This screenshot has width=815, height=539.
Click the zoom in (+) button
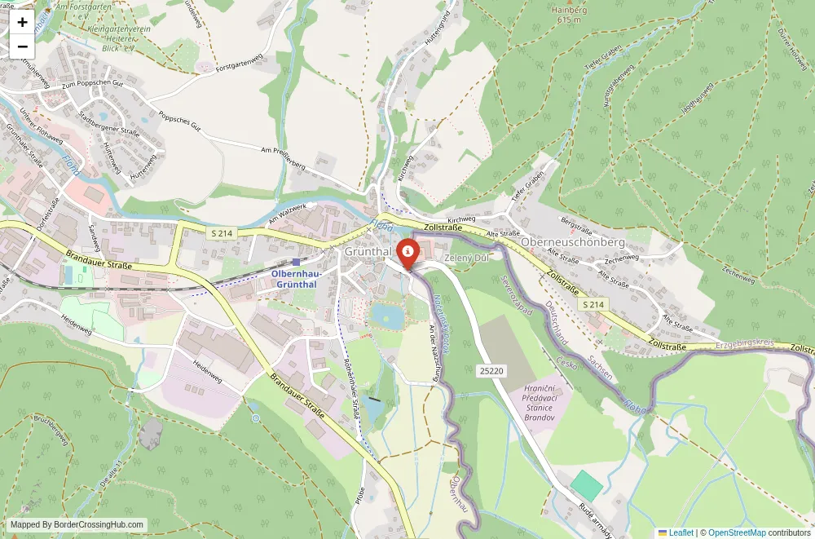(22, 22)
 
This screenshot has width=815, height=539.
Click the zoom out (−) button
(22, 46)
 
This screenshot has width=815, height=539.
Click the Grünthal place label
(368, 252)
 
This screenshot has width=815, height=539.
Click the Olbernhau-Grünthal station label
(297, 279)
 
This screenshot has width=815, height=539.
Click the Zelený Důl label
(465, 258)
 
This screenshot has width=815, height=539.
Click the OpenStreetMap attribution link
(738, 532)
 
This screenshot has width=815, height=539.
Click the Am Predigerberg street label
(283, 157)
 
